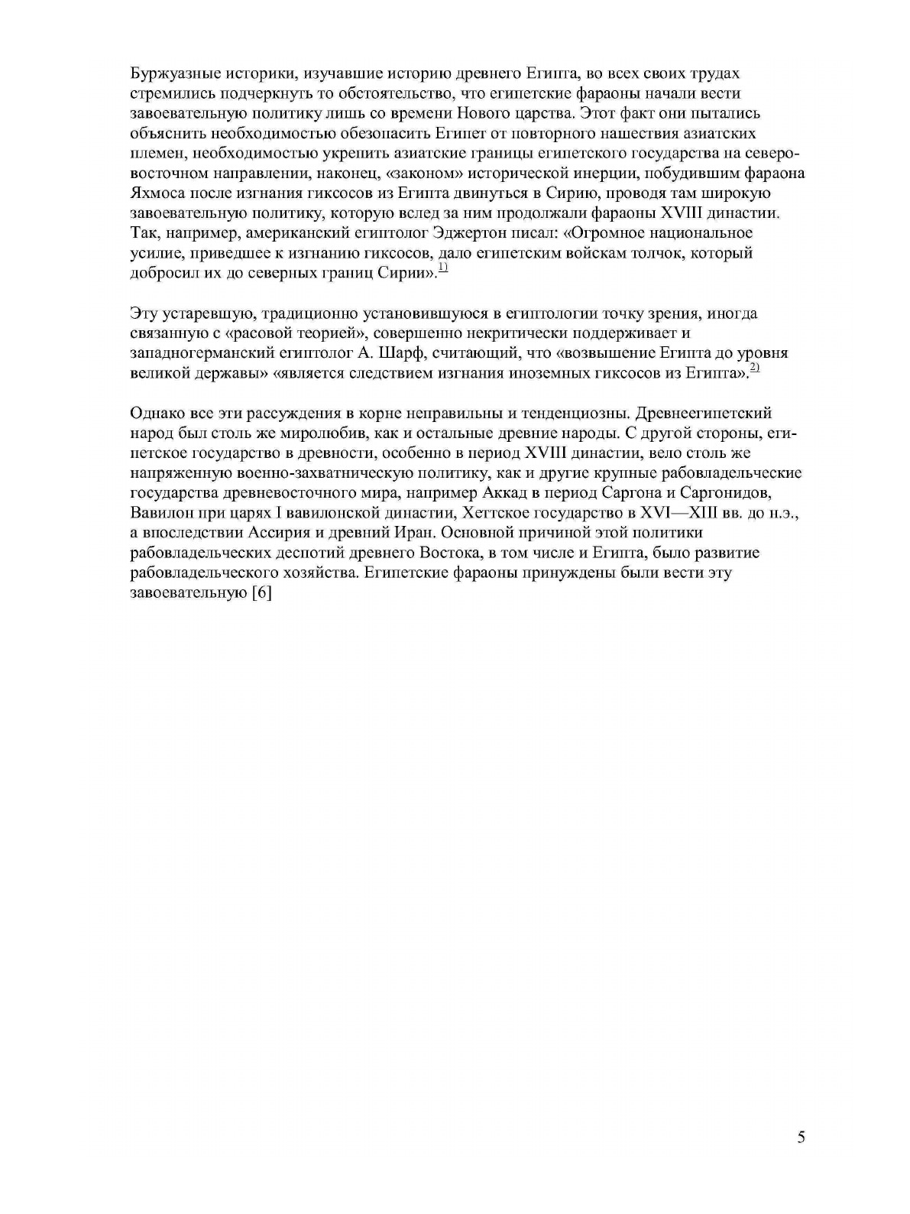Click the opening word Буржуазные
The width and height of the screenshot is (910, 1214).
click(x=169, y=74)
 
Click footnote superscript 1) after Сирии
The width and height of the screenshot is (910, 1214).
click(x=442, y=268)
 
